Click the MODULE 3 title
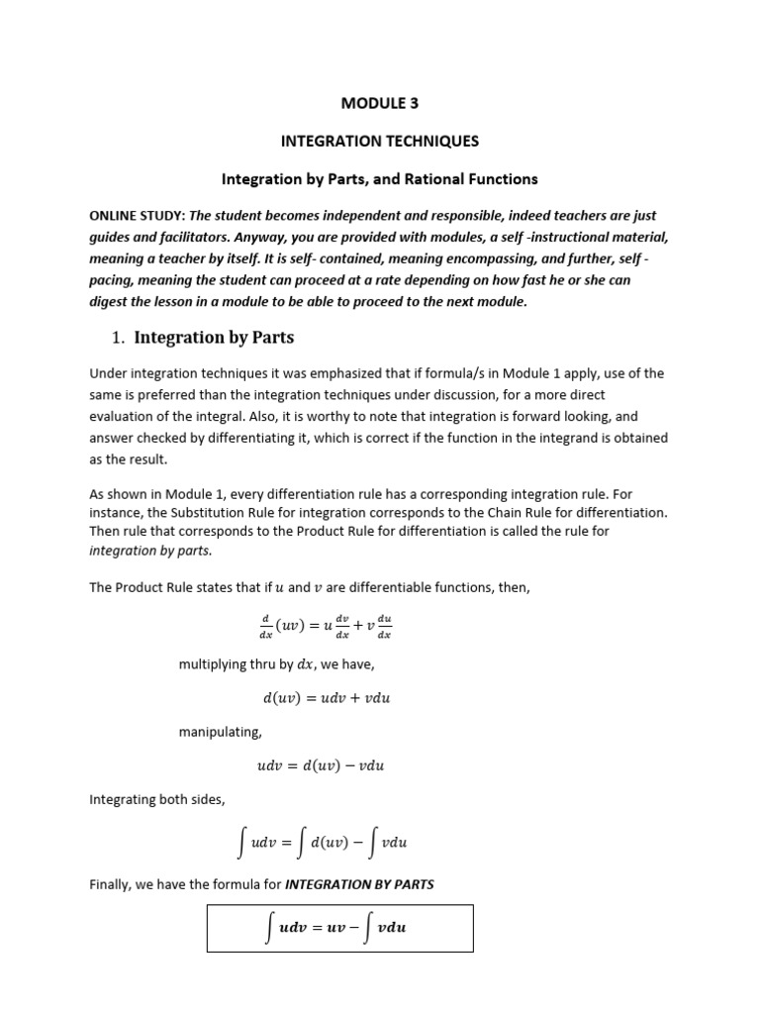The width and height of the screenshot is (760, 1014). (380, 103)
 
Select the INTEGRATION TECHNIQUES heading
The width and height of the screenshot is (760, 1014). (380, 141)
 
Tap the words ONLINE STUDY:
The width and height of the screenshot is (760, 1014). (138, 215)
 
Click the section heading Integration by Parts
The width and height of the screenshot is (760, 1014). (214, 338)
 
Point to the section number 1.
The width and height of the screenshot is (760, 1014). (117, 339)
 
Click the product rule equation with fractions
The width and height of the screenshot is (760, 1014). (326, 626)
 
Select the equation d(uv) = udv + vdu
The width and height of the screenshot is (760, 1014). (327, 697)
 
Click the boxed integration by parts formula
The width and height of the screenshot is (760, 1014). (340, 928)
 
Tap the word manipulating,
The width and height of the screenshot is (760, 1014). (220, 732)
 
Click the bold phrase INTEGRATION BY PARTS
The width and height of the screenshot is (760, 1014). (359, 884)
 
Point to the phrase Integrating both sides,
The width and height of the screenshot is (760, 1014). (159, 799)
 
